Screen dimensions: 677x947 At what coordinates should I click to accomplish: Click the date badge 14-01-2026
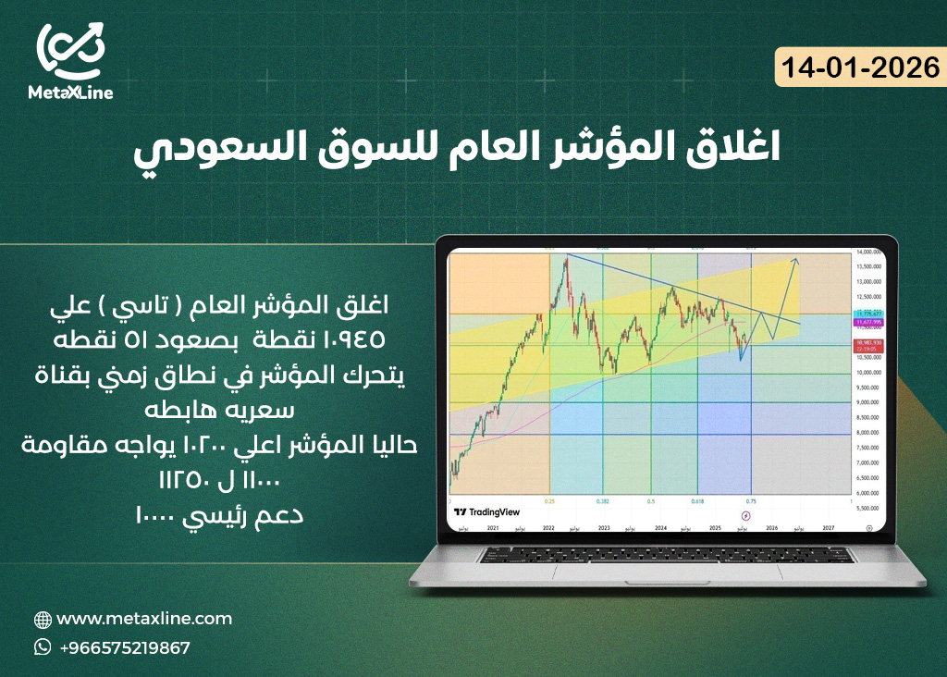[x=859, y=68]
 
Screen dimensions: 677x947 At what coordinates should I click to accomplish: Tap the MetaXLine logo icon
[x=70, y=50]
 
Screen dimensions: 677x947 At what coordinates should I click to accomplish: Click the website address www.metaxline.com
[x=144, y=619]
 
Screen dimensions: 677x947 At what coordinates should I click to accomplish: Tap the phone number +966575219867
[x=124, y=647]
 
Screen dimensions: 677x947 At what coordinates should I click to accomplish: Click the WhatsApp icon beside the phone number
[x=43, y=647]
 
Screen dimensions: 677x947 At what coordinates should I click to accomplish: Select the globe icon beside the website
[x=43, y=620]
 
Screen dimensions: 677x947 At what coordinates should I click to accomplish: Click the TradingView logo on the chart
[x=487, y=511]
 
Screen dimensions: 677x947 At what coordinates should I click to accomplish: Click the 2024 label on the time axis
[x=660, y=526]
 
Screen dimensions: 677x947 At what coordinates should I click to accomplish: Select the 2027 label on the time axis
[x=828, y=526]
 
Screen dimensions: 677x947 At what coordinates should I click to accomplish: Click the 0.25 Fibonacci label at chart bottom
[x=550, y=500]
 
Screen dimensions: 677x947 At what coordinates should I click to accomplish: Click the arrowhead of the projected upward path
[x=797, y=262]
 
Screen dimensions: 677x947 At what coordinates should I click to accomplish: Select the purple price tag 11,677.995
[x=868, y=323]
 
